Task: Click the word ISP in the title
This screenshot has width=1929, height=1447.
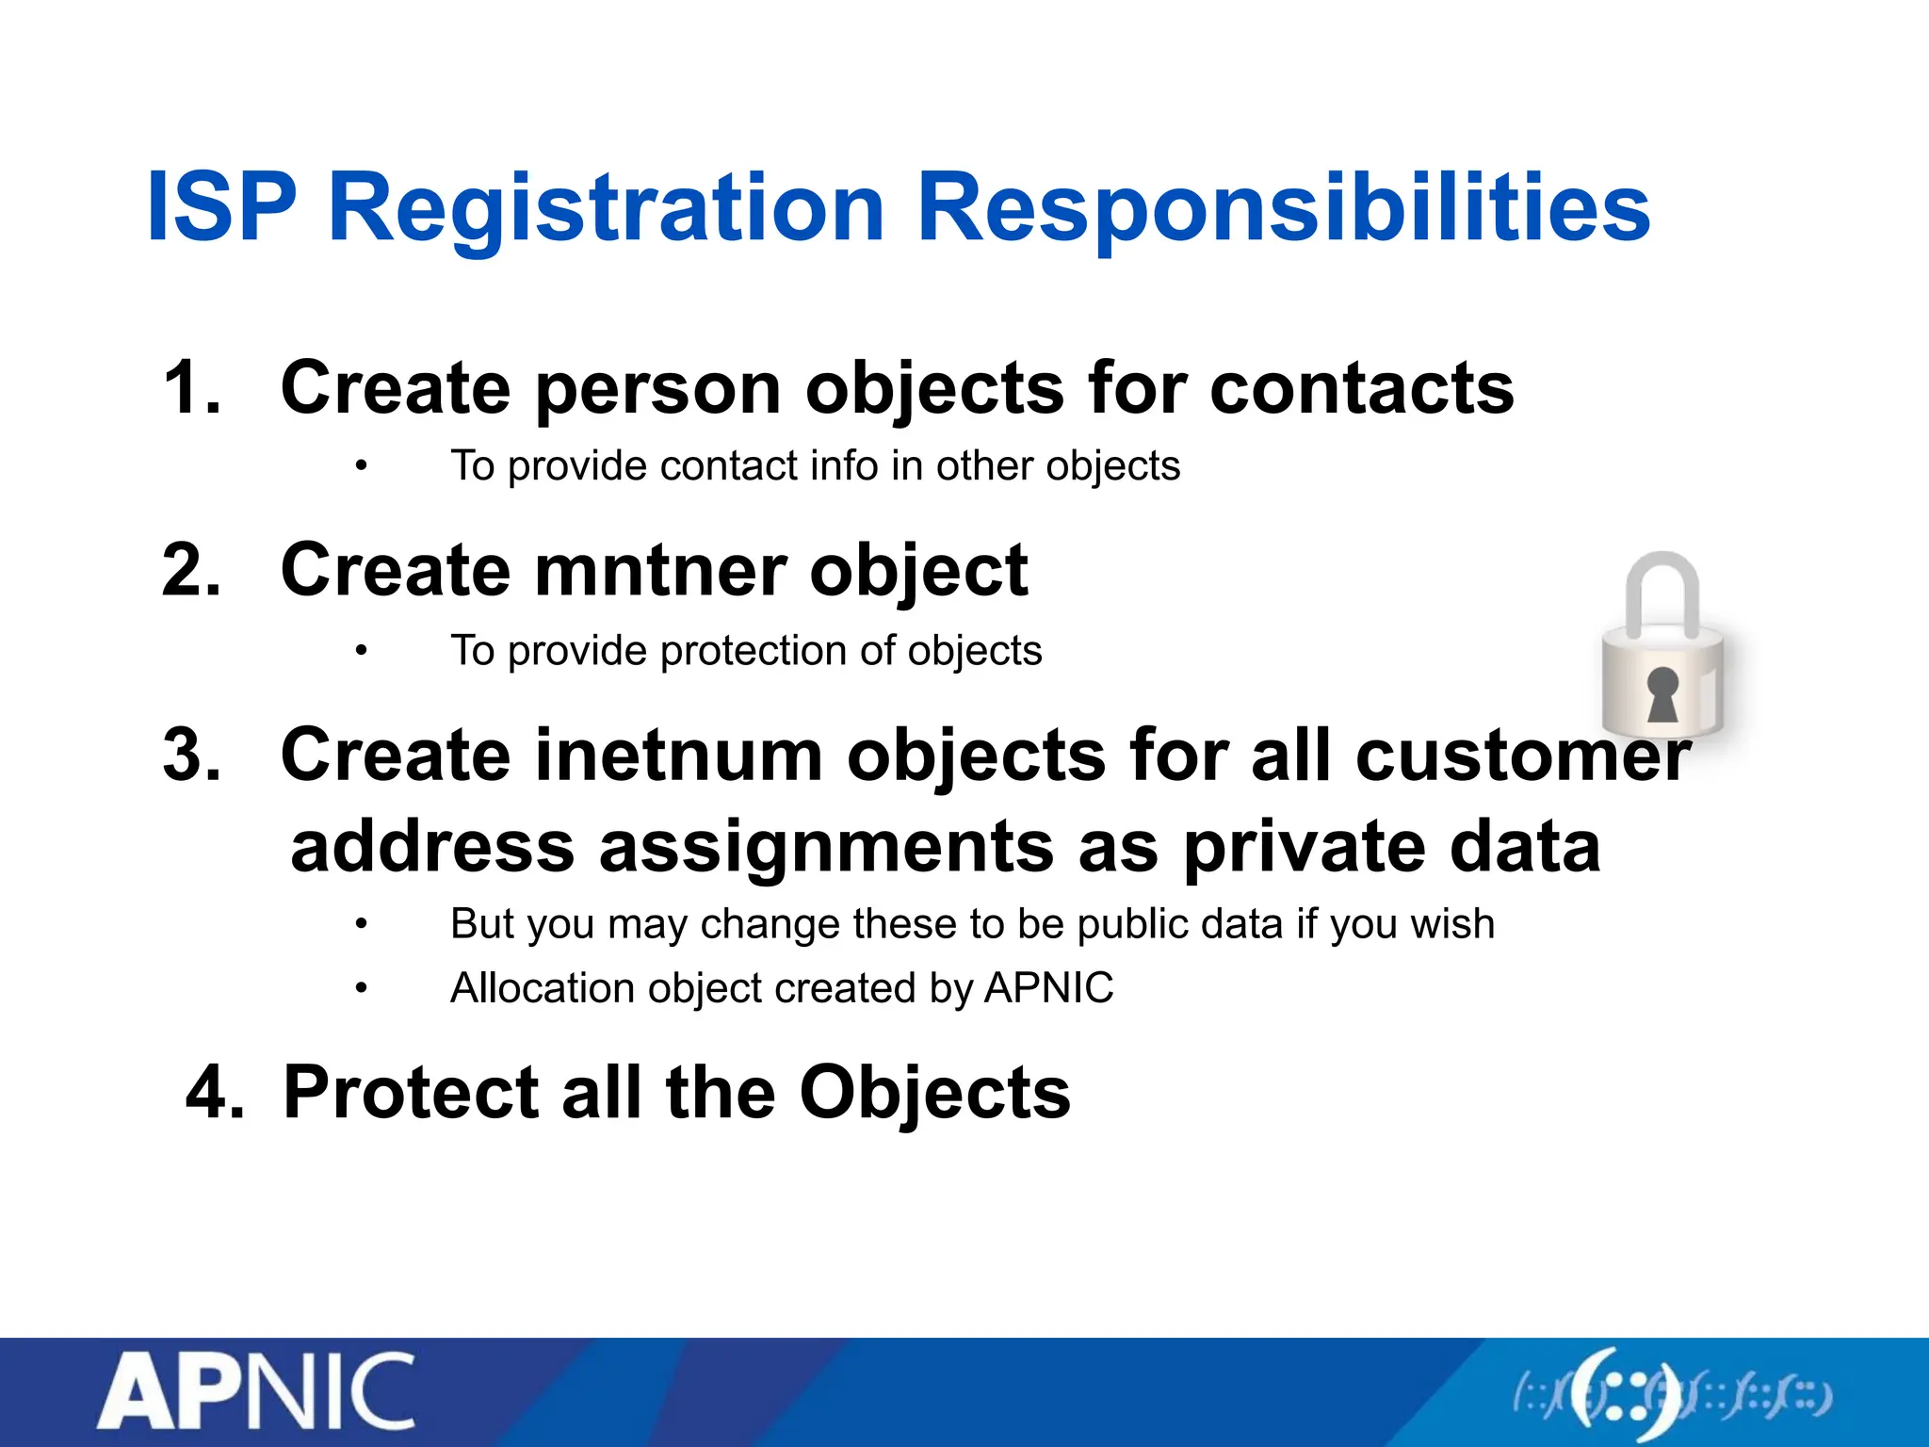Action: pyautogui.click(x=222, y=207)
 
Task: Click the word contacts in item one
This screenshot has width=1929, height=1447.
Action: pyautogui.click(x=1361, y=388)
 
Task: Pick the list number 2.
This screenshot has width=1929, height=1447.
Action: pyautogui.click(x=191, y=570)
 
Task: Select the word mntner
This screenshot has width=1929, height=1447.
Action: pyautogui.click(x=660, y=571)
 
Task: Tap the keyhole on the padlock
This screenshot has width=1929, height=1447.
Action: pyautogui.click(x=1662, y=694)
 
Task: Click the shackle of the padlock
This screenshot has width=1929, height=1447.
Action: pyautogui.click(x=1662, y=589)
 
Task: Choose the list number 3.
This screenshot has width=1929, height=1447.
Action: pyautogui.click(x=191, y=755)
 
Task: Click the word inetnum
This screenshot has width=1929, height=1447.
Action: pyautogui.click(x=678, y=756)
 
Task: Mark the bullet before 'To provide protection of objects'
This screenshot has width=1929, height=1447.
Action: pyautogui.click(x=361, y=651)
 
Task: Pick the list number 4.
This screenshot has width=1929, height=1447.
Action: pyautogui.click(x=215, y=1093)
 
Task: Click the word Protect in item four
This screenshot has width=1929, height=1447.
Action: pyautogui.click(x=411, y=1093)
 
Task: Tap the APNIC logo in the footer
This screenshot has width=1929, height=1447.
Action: pyautogui.click(x=256, y=1391)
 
